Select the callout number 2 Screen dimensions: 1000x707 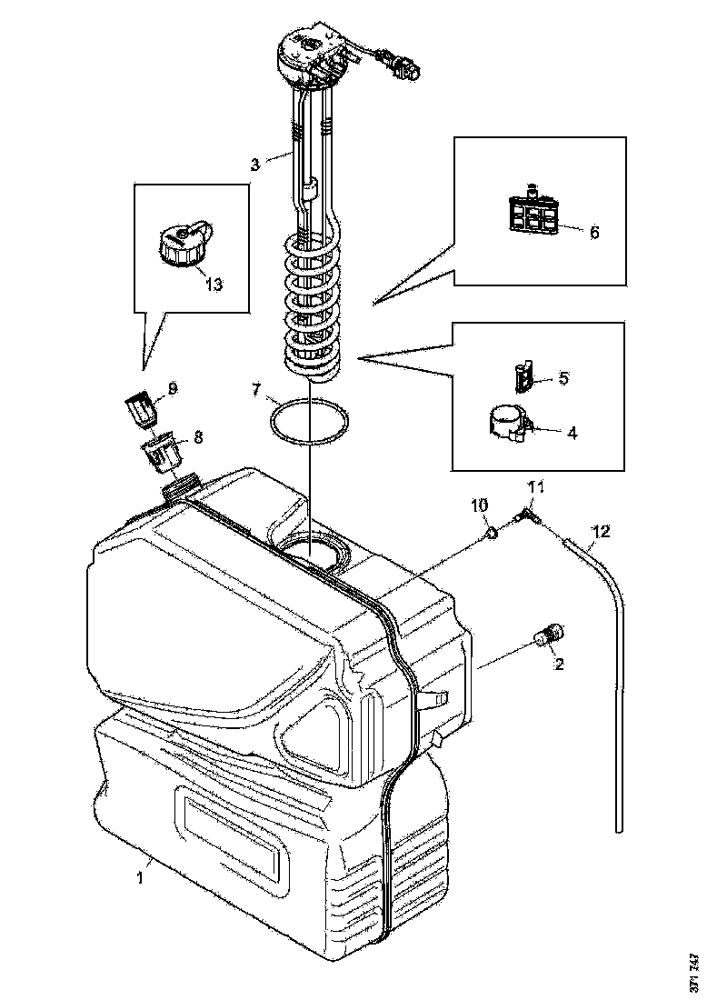point(560,664)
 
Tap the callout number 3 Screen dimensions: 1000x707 point(256,165)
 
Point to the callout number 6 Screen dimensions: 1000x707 point(594,233)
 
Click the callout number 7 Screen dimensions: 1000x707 point(257,391)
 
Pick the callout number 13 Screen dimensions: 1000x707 point(214,285)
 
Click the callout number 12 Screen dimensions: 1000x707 point(601,529)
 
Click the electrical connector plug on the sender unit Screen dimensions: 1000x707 point(403,66)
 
